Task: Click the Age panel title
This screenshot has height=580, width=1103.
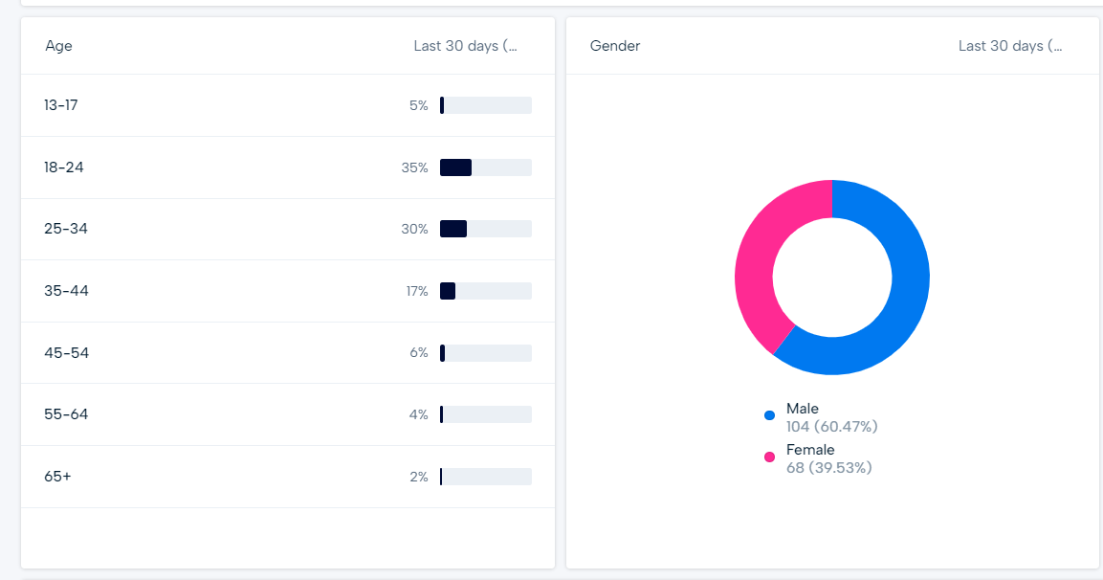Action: coord(58,46)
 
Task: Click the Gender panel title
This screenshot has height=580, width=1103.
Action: coord(615,46)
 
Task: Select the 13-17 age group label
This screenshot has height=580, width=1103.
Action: coord(61,105)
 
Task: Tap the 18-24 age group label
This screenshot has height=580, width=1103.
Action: coord(64,167)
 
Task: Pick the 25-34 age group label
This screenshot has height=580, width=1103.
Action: coord(66,229)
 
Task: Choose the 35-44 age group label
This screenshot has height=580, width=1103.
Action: coord(66,291)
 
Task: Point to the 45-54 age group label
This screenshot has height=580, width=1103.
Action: coord(66,353)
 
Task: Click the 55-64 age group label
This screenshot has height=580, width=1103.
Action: coord(66,414)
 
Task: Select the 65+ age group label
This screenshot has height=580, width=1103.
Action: coord(57,477)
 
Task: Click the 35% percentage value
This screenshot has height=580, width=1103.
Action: coord(415,167)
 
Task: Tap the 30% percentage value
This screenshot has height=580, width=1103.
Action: coord(415,229)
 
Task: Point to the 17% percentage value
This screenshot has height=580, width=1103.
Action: coord(417,291)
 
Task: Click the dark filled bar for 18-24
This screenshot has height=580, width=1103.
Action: coord(455,167)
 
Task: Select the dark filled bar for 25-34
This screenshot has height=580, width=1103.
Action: coord(453,229)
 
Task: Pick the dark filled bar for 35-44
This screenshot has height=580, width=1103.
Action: coord(448,291)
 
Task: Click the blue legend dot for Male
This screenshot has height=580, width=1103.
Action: coord(769,415)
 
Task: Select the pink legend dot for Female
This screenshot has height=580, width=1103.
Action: coord(769,457)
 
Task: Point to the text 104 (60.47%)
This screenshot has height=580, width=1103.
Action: coord(831,427)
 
